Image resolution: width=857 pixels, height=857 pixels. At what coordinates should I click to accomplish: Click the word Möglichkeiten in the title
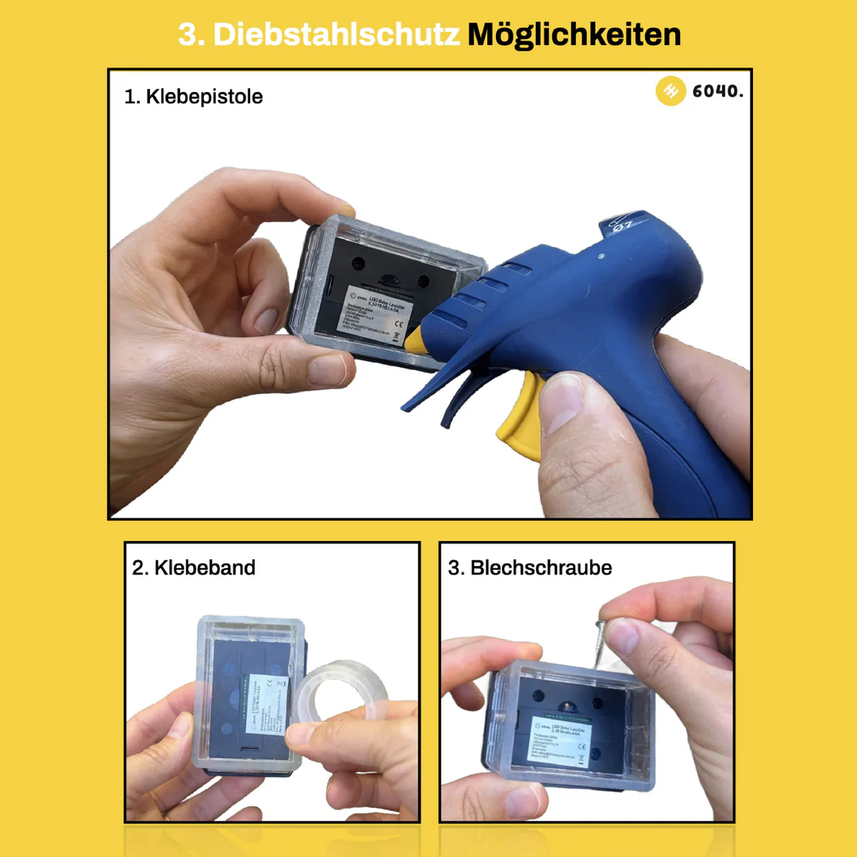click(574, 35)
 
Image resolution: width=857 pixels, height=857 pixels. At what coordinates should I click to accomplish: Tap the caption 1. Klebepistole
click(194, 97)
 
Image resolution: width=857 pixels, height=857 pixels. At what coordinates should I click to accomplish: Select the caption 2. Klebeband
click(194, 568)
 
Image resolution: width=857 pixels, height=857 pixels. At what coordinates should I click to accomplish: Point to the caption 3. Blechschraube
click(530, 568)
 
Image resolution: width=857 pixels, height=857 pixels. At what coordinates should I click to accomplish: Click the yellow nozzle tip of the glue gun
click(416, 337)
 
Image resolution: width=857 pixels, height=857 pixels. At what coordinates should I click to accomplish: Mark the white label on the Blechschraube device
click(559, 741)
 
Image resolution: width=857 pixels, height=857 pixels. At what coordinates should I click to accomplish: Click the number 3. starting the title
click(190, 35)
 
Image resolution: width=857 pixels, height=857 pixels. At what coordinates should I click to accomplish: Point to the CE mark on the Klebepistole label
click(402, 325)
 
